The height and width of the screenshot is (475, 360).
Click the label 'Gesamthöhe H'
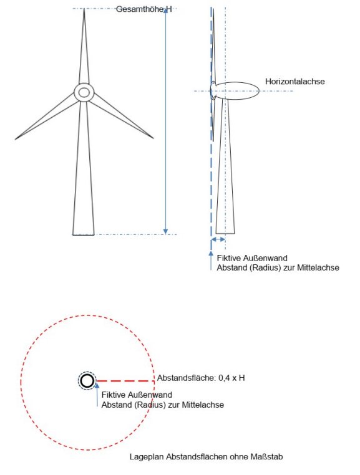click(144, 9)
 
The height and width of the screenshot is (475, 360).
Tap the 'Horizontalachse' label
click(294, 82)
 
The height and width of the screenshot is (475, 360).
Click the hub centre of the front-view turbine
click(84, 92)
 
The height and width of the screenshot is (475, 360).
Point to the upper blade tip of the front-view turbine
click(84, 9)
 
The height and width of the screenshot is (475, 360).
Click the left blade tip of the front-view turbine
click(15, 139)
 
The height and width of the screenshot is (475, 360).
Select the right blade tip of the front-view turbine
click(153, 138)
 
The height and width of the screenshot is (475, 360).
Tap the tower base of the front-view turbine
click(84, 234)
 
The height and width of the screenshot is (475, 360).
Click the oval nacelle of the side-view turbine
click(238, 90)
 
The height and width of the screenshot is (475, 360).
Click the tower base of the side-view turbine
click(225, 233)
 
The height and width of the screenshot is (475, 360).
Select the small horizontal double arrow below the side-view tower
click(218, 239)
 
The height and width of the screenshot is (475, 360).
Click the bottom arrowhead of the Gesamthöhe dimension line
click(165, 232)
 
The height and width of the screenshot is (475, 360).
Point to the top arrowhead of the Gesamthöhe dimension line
click(165, 11)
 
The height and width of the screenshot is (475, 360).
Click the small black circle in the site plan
click(87, 381)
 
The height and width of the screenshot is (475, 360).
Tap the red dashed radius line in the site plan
click(125, 381)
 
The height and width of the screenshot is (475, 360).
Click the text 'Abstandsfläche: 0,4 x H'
click(201, 378)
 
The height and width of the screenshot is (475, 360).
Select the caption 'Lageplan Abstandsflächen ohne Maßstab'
click(207, 456)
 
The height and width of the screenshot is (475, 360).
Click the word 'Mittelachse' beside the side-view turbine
click(318, 268)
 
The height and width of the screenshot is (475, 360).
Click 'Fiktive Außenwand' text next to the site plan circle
click(137, 395)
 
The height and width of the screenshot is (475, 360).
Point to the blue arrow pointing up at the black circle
click(97, 395)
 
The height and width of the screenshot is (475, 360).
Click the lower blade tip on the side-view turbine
click(213, 141)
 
